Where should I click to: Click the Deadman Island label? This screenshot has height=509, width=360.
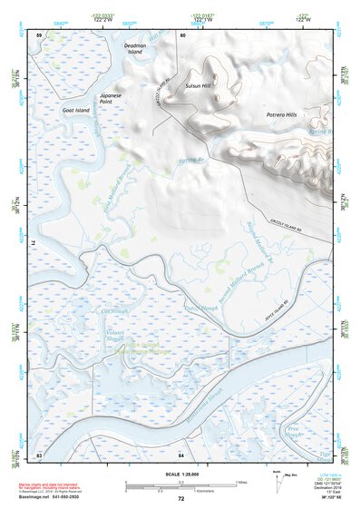click(x=134, y=48)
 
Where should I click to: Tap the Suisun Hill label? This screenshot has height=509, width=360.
click(x=198, y=85)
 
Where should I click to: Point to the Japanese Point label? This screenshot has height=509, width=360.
click(x=111, y=98)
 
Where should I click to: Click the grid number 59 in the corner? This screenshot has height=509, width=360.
click(x=39, y=34)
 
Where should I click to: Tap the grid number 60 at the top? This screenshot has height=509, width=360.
click(x=181, y=34)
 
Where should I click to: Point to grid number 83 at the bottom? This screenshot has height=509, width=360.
click(x=39, y=454)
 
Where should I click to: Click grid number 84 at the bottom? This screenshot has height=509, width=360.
click(x=181, y=454)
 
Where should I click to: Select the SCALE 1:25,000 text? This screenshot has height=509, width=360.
click(x=180, y=475)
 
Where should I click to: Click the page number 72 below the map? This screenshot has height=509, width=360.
click(x=180, y=498)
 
